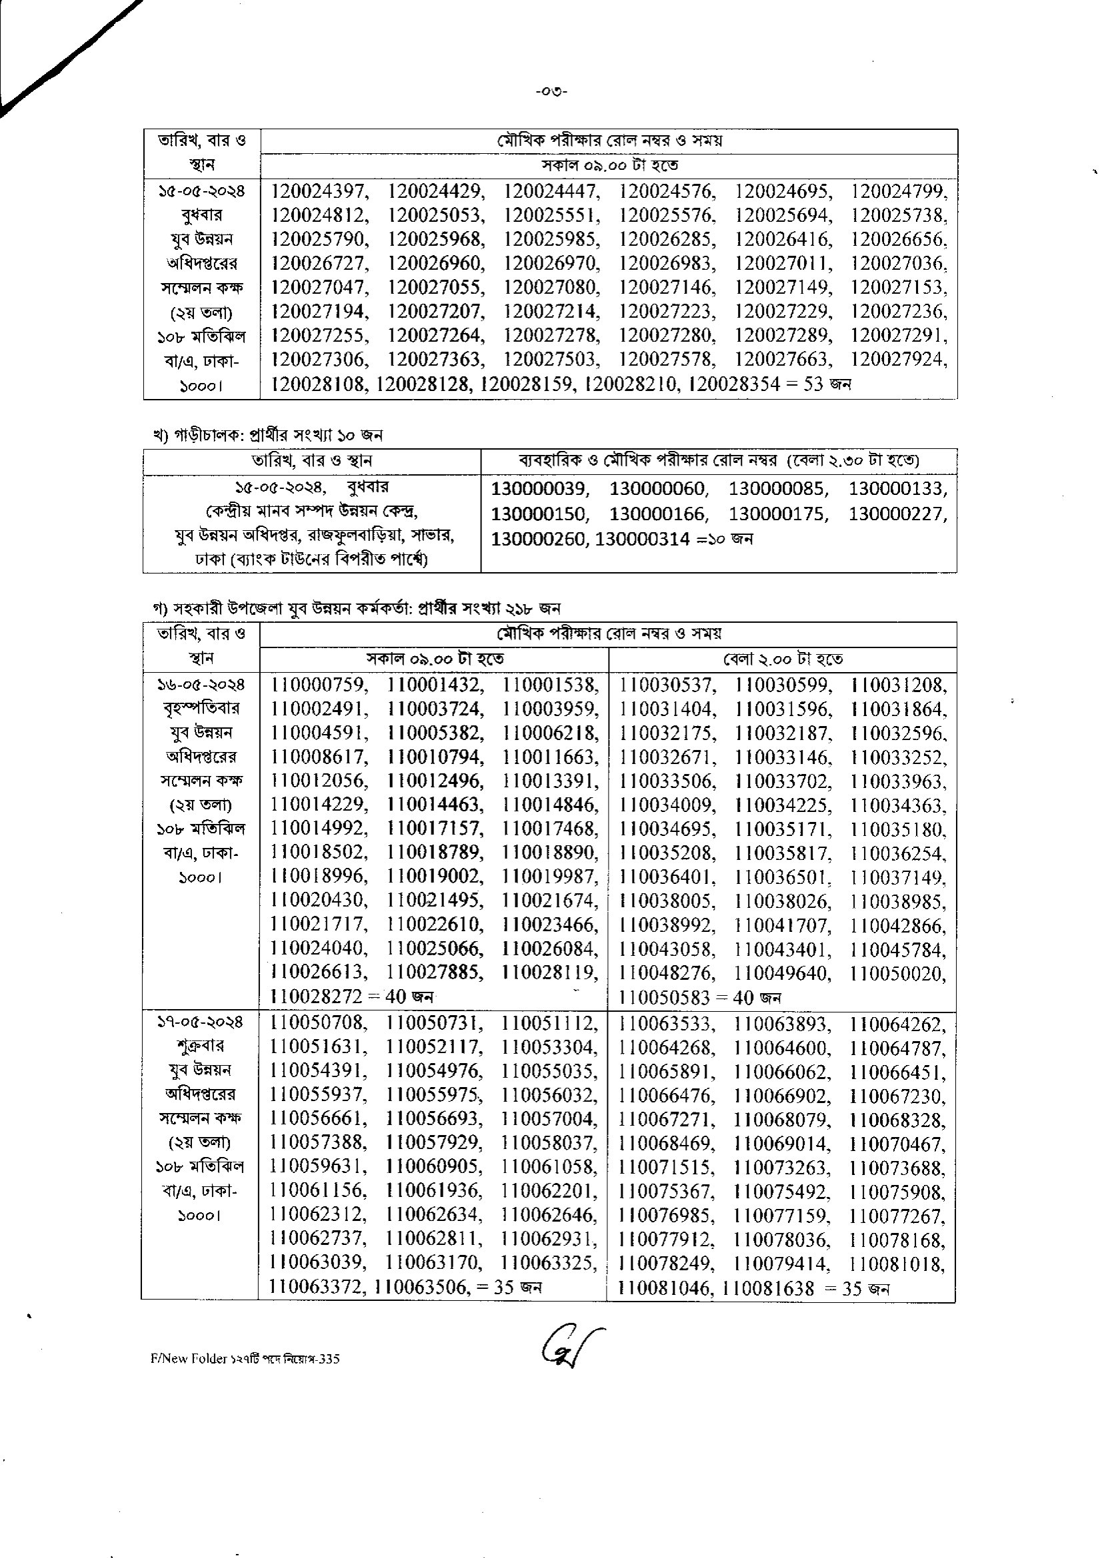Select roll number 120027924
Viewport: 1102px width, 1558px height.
click(897, 360)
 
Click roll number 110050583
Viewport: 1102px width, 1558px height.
click(665, 998)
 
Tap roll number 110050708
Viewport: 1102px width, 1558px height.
click(318, 1022)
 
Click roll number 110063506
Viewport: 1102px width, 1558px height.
click(421, 1287)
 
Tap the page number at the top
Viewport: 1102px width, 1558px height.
click(551, 92)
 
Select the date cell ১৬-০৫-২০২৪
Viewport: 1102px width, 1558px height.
click(201, 685)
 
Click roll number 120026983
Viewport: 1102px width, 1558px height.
click(667, 264)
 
